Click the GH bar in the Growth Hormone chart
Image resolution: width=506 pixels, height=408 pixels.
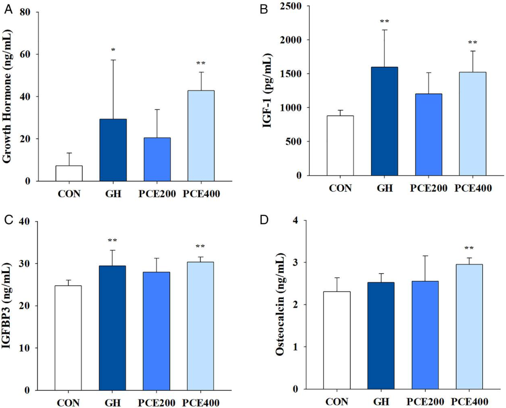[x=113, y=150]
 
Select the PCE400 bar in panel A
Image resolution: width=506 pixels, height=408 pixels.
[x=201, y=136]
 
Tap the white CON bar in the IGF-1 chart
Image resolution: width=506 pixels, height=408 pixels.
[x=340, y=145]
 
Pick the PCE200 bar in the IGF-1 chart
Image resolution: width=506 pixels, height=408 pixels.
[x=429, y=134]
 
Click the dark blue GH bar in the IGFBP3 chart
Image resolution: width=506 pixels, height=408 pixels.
[x=112, y=328]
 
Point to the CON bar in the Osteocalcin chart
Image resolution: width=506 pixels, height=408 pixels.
[x=337, y=341]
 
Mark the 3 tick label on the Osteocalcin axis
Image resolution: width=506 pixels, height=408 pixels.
[x=294, y=263]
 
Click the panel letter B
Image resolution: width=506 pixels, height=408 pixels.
[x=264, y=10]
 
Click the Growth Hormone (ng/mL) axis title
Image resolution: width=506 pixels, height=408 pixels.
[x=7, y=96]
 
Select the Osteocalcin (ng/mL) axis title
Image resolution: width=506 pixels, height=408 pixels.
[x=280, y=305]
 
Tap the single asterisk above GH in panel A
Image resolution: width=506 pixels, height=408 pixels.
[x=113, y=50]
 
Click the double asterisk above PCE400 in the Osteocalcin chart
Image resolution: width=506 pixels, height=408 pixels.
[x=469, y=248]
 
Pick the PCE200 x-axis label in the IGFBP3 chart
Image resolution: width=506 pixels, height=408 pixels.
[x=156, y=403]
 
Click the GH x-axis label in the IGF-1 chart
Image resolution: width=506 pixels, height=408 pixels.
[x=385, y=188]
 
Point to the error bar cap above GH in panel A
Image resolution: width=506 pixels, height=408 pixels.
[x=113, y=60]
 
